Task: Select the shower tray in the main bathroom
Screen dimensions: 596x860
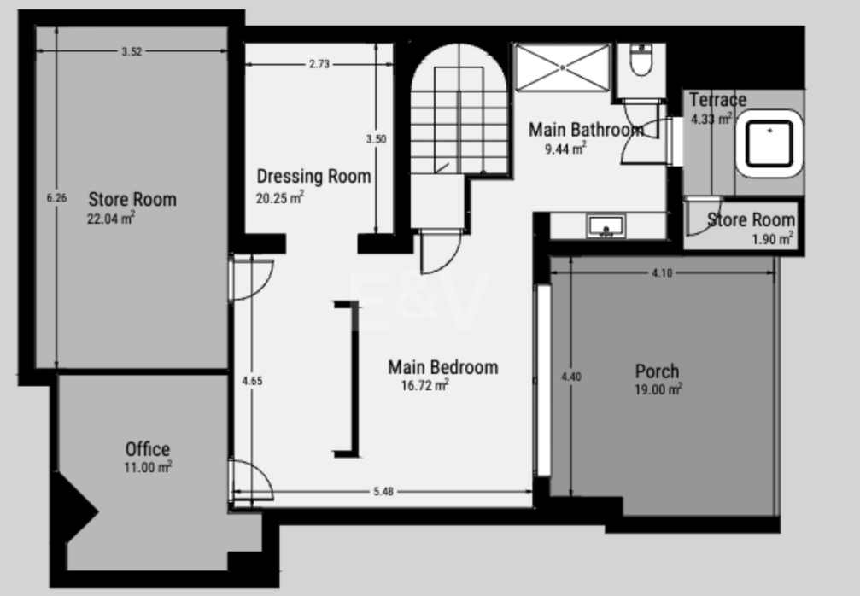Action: (562, 67)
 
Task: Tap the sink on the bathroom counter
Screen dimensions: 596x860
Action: (606, 226)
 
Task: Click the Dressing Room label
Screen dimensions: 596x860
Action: (313, 177)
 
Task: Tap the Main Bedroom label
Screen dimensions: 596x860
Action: (442, 367)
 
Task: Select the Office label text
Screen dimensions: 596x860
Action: (148, 449)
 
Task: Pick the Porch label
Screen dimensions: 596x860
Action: (657, 371)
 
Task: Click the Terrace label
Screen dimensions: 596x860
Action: (717, 100)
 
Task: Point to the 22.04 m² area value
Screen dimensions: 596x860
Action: (111, 218)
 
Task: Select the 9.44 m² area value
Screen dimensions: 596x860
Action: (565, 149)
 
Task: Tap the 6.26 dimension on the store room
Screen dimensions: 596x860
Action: (56, 197)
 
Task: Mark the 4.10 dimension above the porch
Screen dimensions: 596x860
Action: (662, 273)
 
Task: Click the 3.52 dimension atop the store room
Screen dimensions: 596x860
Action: (131, 51)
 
